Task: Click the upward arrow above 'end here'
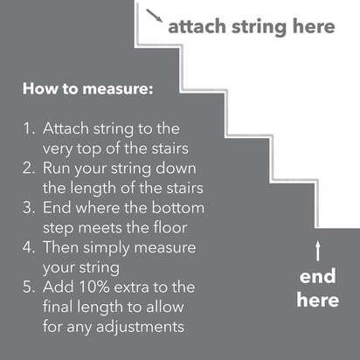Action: click(x=318, y=253)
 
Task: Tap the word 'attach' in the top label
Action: click(x=196, y=27)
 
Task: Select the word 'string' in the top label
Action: click(x=253, y=27)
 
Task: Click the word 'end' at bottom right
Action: click(x=317, y=278)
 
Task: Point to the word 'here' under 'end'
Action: click(x=317, y=300)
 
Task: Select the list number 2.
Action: click(x=28, y=168)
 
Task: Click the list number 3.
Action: click(x=28, y=207)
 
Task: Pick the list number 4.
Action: click(x=28, y=246)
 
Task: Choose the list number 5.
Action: click(x=28, y=287)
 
